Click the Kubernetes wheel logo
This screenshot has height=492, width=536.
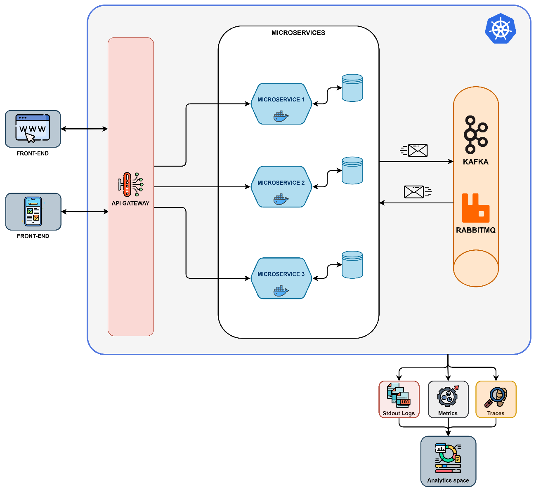coord(501,28)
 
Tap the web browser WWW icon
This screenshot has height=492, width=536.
coord(33,129)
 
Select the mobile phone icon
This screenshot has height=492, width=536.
coord(33,212)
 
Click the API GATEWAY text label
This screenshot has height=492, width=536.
coord(130,203)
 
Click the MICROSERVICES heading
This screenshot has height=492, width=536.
coord(298,33)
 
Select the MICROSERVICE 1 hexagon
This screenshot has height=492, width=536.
coord(281,104)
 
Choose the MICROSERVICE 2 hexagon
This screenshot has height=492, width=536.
coord(281,187)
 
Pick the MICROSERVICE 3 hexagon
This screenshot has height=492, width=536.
coord(281,278)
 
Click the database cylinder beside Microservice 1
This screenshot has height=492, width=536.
coord(352,88)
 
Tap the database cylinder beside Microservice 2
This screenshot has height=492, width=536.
coord(352,170)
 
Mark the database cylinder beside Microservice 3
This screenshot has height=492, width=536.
coord(352,265)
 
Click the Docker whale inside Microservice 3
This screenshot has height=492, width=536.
coord(281,291)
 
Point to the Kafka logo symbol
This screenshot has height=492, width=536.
coord(476,134)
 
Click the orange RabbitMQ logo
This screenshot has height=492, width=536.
coord(476,208)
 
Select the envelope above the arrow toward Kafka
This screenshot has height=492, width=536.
coord(417,151)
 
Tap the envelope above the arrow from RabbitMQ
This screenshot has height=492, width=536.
coord(414,192)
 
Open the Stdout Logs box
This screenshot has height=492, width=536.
coord(399,399)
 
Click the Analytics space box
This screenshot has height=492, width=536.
coord(448,461)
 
